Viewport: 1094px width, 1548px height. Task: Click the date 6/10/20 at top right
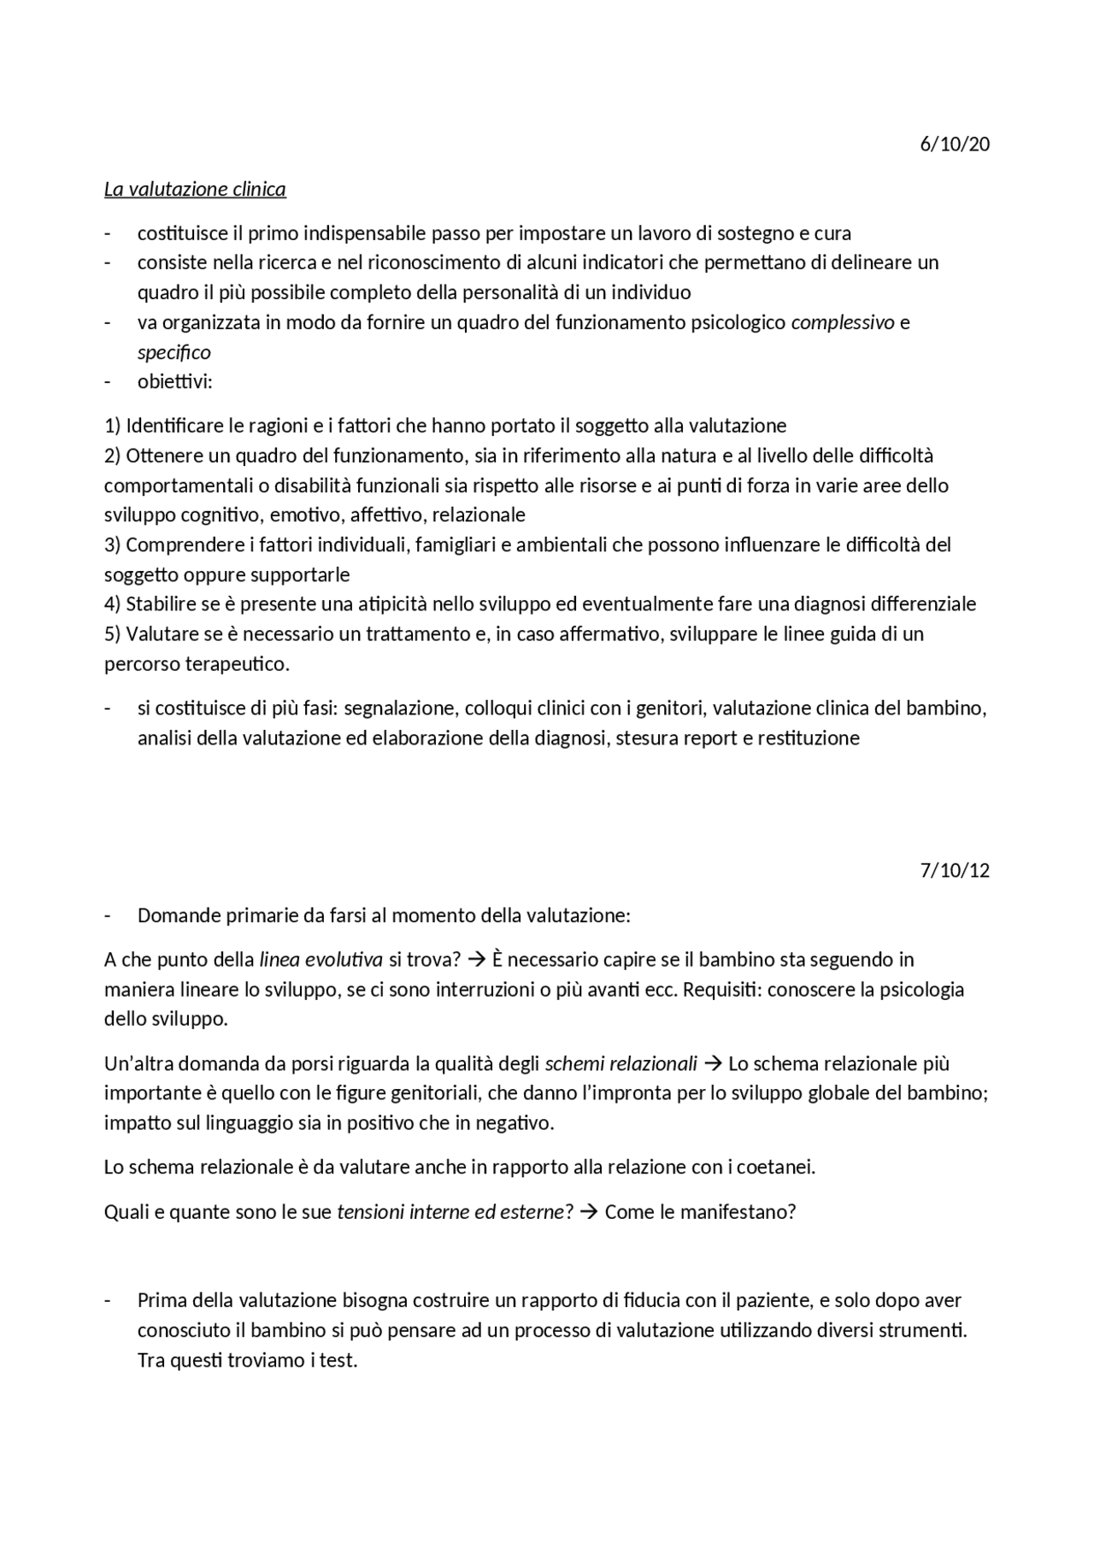[955, 144]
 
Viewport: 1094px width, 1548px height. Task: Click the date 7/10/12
[955, 870]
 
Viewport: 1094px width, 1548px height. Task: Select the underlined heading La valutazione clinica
[195, 189]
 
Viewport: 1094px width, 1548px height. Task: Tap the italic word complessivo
[843, 322]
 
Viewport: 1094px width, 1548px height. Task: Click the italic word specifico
[174, 352]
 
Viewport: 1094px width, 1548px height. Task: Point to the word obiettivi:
[174, 381]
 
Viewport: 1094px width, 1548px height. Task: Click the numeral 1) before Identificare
[113, 426]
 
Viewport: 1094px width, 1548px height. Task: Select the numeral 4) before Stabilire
[113, 604]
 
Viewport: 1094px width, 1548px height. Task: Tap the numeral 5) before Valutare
[113, 634]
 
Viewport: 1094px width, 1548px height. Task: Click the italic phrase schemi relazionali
[621, 1064]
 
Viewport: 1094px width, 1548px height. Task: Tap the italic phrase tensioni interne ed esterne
[451, 1212]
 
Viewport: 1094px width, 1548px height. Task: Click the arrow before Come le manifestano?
[587, 1212]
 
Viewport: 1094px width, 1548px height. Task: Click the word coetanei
[777, 1168]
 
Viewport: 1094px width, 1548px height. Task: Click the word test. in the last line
[338, 1360]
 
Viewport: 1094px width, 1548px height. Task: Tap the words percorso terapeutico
[197, 664]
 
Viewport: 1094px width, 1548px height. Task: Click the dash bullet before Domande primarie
[108, 915]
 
